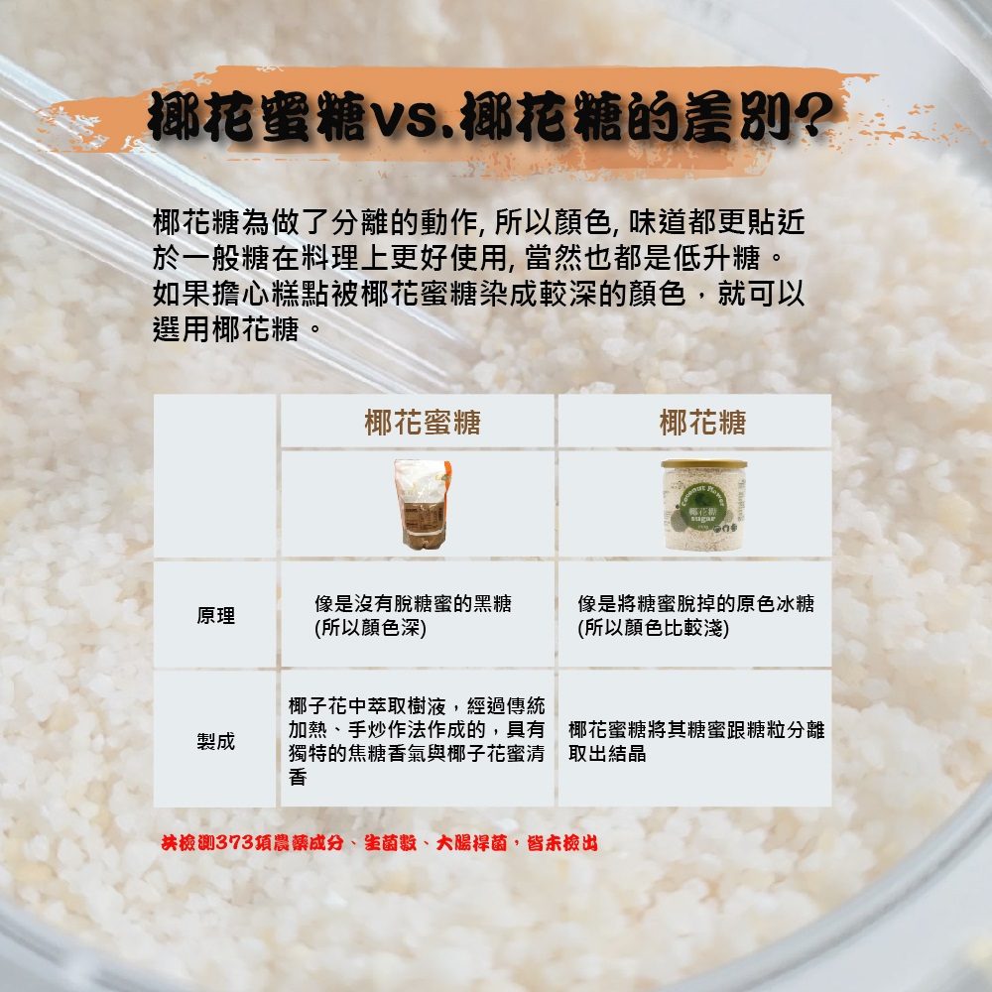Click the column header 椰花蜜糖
coord(422,424)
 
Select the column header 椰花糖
coord(702,424)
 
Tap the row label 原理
coord(215,616)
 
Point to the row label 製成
coord(215,741)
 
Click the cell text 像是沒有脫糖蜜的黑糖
coord(413,604)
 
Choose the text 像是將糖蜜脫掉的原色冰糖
coord(695,604)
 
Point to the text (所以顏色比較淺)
coord(654,628)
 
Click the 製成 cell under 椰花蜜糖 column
coord(417,741)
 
